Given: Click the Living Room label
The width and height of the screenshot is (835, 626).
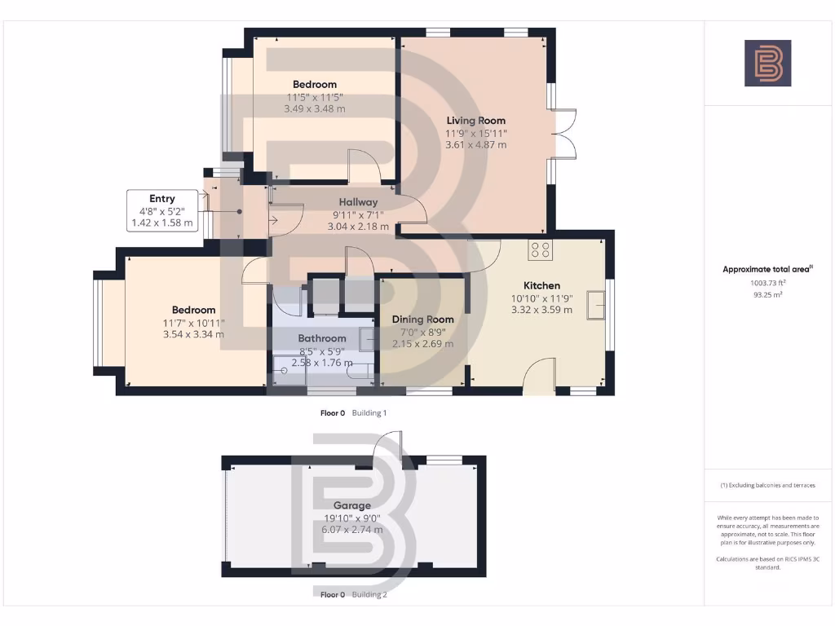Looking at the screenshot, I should click(x=475, y=121).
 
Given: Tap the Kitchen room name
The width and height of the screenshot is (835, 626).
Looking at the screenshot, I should click(x=541, y=285).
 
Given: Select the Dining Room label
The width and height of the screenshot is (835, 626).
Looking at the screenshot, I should click(x=422, y=320).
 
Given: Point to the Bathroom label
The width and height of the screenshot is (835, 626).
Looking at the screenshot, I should click(x=322, y=338).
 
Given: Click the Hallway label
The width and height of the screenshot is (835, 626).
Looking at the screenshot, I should click(x=359, y=202).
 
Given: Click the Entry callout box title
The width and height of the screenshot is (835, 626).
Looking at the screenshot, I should click(x=161, y=198).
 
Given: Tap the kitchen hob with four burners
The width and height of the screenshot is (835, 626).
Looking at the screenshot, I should click(x=540, y=250).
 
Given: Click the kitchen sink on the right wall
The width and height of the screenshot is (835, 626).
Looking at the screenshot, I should click(x=598, y=307).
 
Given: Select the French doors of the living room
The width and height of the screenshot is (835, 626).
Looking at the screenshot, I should click(x=564, y=134).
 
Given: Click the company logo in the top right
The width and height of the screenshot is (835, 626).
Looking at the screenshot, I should click(x=767, y=64).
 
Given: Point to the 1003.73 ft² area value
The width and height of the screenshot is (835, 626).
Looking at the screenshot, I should click(x=767, y=284).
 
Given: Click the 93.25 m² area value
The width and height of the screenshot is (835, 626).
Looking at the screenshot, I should click(x=767, y=295).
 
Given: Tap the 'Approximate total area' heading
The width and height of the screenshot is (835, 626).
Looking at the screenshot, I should click(x=767, y=269).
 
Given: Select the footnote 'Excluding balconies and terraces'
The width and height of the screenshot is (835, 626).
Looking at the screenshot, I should click(x=767, y=485).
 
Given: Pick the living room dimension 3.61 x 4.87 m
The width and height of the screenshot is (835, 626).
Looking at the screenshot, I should click(x=475, y=145).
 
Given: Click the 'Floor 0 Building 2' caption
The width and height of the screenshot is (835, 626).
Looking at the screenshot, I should click(x=353, y=595).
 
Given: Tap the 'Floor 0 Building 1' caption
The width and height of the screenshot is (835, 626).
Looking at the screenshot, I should click(x=353, y=413).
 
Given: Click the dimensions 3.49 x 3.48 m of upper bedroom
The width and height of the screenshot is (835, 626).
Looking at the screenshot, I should click(x=314, y=108).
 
